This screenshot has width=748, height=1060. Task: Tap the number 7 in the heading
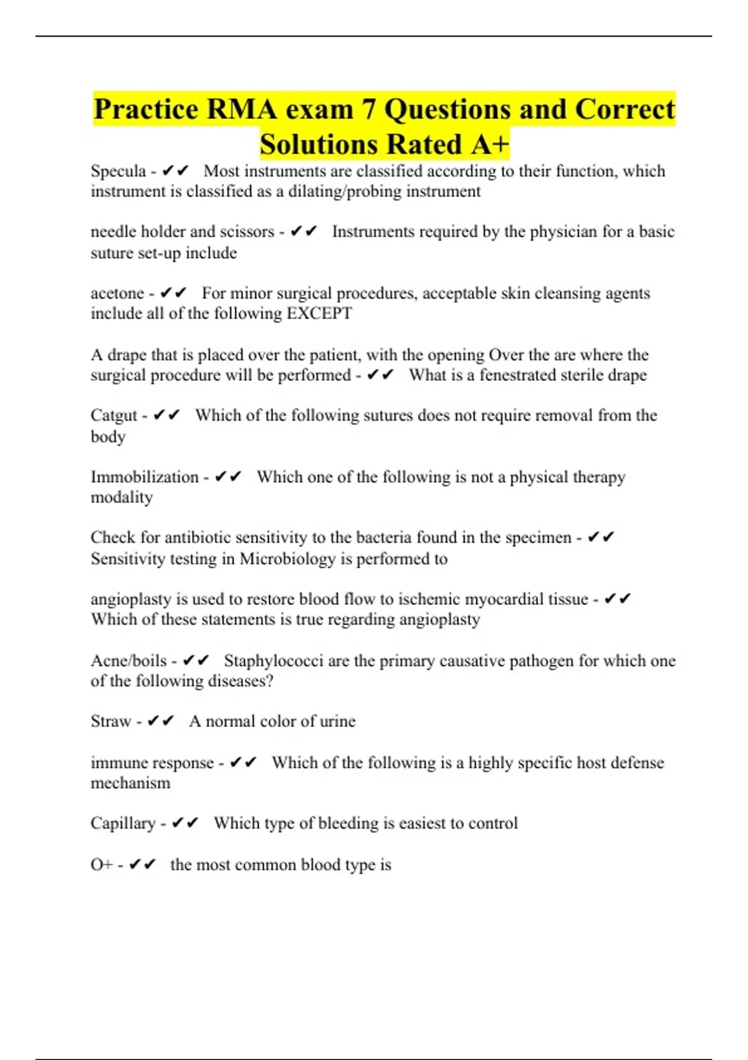[369, 110]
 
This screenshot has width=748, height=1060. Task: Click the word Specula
[118, 171]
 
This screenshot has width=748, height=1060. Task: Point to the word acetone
[117, 294]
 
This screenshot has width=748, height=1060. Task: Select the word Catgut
[113, 415]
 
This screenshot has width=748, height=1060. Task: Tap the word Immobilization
[144, 477]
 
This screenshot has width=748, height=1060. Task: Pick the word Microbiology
[287, 559]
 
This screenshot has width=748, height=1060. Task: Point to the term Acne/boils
[128, 661]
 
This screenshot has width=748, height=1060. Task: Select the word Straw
[110, 721]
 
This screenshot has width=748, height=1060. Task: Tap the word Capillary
[123, 823]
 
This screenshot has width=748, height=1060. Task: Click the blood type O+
[101, 865]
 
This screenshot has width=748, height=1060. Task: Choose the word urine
[337, 721]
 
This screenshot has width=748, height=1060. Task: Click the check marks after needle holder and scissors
[304, 232]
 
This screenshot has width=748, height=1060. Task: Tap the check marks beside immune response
[243, 763]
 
